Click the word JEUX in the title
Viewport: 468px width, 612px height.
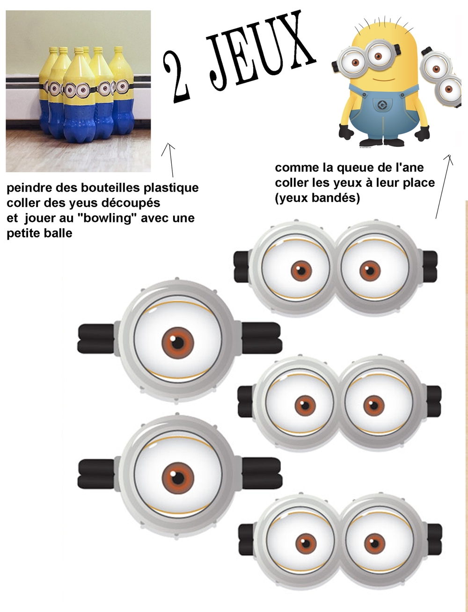point(261,49)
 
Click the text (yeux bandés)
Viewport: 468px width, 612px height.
point(317,198)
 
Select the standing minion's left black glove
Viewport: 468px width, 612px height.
point(346,131)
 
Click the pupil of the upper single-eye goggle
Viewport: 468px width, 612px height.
point(178,343)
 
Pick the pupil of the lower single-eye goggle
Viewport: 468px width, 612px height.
point(178,478)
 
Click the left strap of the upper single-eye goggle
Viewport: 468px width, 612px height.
point(96,338)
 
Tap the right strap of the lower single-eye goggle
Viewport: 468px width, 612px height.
point(262,474)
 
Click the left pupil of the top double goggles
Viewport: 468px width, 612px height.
point(301,271)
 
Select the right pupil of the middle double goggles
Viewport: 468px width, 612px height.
point(373,406)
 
